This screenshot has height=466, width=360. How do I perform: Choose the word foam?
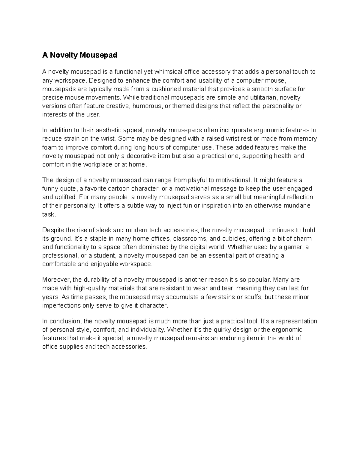point(48,147)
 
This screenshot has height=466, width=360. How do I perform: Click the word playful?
point(197,180)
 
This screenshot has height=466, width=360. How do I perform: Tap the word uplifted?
point(65,197)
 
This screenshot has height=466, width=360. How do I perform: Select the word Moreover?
point(56,280)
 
